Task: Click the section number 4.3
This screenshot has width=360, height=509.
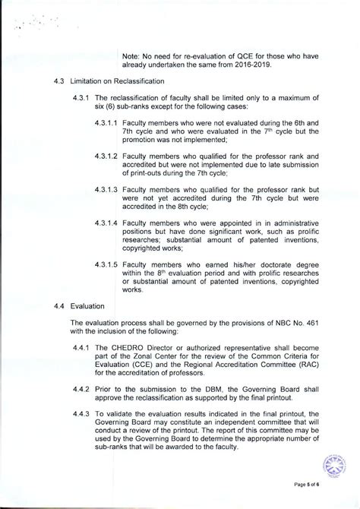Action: click(x=58, y=81)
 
